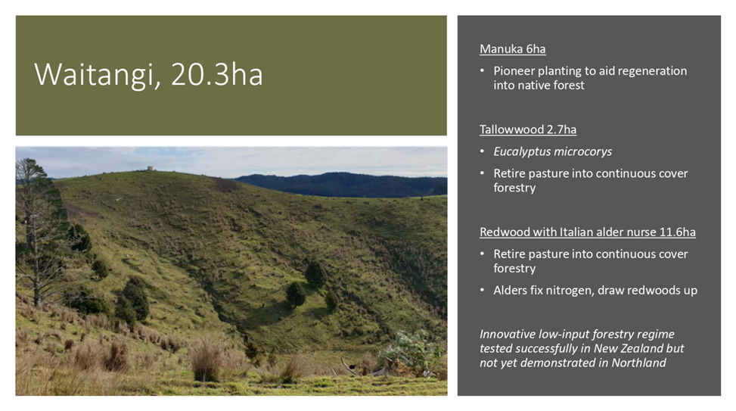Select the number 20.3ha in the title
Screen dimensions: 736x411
click(x=217, y=74)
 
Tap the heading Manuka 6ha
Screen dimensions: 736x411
click(x=513, y=49)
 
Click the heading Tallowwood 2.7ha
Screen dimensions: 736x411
click(x=528, y=129)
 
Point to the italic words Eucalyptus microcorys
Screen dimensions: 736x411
click(x=552, y=151)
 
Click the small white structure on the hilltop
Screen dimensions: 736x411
click(x=151, y=168)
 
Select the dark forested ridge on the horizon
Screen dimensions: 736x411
click(x=340, y=184)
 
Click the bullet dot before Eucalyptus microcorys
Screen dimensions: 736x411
click(x=482, y=151)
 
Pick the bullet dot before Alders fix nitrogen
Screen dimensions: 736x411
click(x=482, y=291)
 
